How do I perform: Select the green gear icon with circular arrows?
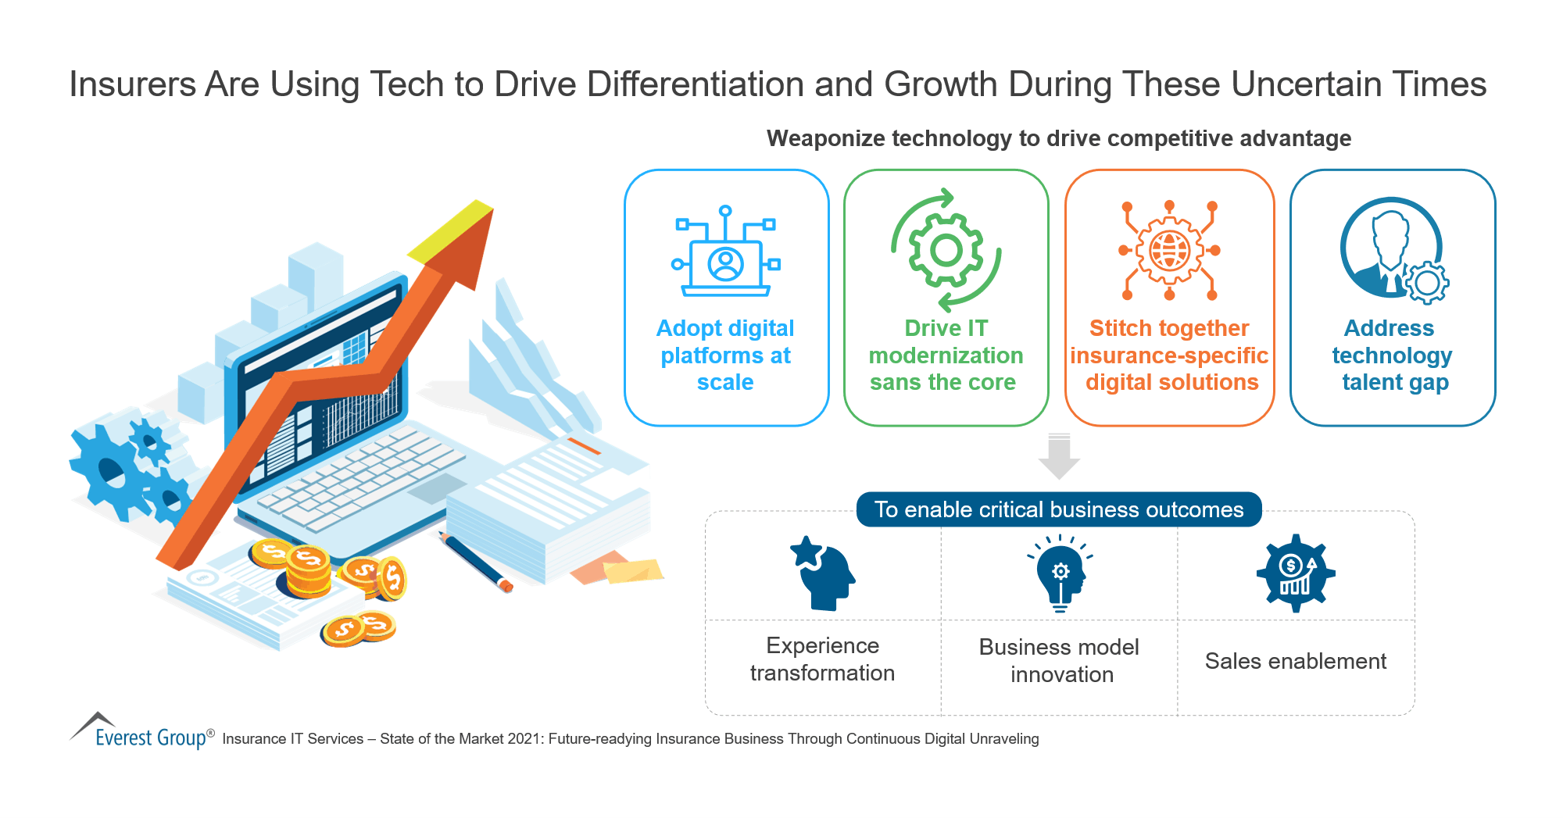click(x=946, y=250)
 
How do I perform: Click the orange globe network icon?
click(x=1169, y=251)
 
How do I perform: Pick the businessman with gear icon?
click(x=1393, y=250)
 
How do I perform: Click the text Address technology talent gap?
click(x=1392, y=355)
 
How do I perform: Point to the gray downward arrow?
click(x=1059, y=457)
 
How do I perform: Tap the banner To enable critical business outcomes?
click(x=1059, y=509)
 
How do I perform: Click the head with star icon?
click(x=823, y=573)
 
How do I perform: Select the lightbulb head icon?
click(x=1060, y=573)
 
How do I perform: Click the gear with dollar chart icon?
click(x=1296, y=573)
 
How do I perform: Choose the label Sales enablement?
click(x=1296, y=661)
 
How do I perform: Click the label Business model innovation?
click(x=1060, y=660)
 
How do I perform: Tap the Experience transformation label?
click(x=823, y=659)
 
